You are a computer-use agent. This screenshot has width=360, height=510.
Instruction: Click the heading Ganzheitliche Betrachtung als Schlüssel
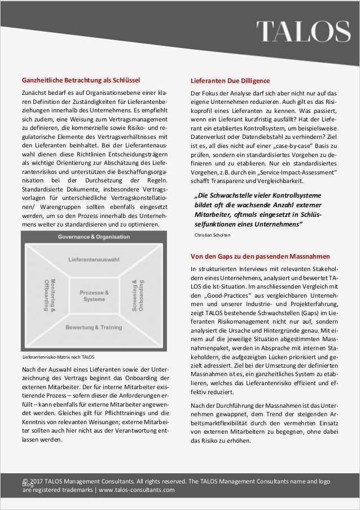(x=81, y=80)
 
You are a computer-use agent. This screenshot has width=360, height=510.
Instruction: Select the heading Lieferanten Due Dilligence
(x=230, y=81)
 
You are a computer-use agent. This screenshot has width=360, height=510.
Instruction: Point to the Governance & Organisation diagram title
(x=94, y=237)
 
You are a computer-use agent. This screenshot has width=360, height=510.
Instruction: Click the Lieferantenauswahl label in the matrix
(x=94, y=259)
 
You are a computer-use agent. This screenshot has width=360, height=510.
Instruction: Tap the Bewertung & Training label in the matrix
(x=94, y=328)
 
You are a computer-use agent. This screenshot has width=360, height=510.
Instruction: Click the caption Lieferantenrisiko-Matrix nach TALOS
(x=58, y=358)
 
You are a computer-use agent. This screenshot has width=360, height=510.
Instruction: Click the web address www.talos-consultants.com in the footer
(x=137, y=490)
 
